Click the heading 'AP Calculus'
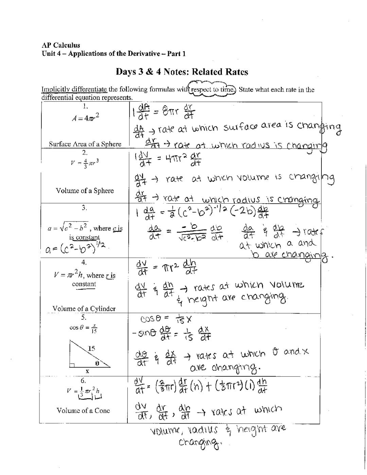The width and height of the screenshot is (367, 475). click(x=61, y=45)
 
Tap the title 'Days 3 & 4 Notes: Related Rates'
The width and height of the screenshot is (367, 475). click(x=182, y=72)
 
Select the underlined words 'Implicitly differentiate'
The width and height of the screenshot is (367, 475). click(x=74, y=89)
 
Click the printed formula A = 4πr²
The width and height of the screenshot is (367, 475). click(x=85, y=118)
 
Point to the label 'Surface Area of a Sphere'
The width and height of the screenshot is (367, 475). click(x=85, y=144)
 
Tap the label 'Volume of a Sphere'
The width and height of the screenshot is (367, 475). click(x=85, y=190)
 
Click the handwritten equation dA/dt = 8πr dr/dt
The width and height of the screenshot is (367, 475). click(x=165, y=112)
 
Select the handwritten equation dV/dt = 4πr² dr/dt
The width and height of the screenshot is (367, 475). click(x=168, y=159)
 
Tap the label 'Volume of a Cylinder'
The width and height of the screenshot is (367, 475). click(x=84, y=308)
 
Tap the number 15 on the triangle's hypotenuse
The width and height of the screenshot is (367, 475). click(x=91, y=348)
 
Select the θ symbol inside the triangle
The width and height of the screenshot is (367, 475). click(x=97, y=363)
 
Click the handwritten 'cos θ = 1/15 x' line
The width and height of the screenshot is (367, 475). click(x=167, y=319)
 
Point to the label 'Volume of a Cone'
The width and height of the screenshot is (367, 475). click(x=83, y=410)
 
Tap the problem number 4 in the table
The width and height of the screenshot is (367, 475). click(x=84, y=262)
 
